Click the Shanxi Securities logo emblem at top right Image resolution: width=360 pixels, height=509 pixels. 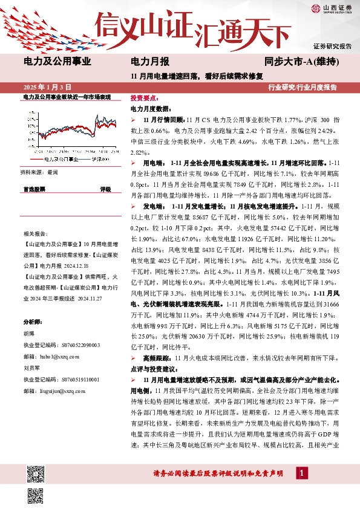[316, 8]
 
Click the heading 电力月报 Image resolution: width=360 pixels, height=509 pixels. [150, 61]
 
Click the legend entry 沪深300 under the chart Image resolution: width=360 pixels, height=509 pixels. [100, 159]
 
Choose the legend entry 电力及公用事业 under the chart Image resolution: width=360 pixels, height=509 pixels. [61, 159]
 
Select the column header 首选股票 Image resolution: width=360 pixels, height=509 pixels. [34, 189]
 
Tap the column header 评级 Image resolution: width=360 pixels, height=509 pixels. [105, 189]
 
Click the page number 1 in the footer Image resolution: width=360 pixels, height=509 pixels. [299, 473]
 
